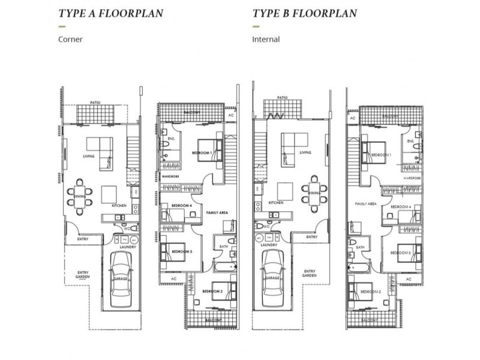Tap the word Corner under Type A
(70, 41)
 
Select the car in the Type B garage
(272, 274)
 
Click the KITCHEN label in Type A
(118, 206)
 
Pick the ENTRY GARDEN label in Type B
(310, 272)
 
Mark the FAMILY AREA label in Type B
(365, 204)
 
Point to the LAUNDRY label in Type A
(127, 247)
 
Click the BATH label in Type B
(361, 247)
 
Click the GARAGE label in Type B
(273, 279)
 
